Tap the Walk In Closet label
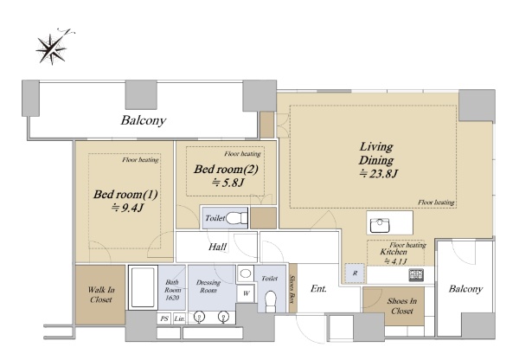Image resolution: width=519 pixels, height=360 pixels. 101,294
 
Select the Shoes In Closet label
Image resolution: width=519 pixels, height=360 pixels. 402,305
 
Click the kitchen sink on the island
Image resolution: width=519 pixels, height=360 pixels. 380,225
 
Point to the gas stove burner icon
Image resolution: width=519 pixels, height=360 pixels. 416,275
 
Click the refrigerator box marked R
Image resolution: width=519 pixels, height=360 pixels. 355,273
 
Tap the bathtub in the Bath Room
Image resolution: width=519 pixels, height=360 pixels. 143,287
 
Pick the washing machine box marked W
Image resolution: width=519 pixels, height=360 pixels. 246,293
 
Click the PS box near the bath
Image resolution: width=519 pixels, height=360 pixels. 164,318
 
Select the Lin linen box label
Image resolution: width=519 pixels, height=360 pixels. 179,318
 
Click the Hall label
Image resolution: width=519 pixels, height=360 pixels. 217,247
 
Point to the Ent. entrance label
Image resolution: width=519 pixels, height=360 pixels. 318,288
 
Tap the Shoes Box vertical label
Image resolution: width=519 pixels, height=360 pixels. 292,289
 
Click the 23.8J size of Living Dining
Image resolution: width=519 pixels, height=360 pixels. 379,173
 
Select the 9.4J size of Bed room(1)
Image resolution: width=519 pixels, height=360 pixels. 127,208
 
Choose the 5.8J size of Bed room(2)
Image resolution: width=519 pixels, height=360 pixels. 227,182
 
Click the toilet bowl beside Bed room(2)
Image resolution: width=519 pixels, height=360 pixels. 237,218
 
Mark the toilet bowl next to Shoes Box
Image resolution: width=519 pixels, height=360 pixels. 271,301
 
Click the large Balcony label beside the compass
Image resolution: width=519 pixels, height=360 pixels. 143,120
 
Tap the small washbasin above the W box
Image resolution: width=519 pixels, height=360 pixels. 246,273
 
